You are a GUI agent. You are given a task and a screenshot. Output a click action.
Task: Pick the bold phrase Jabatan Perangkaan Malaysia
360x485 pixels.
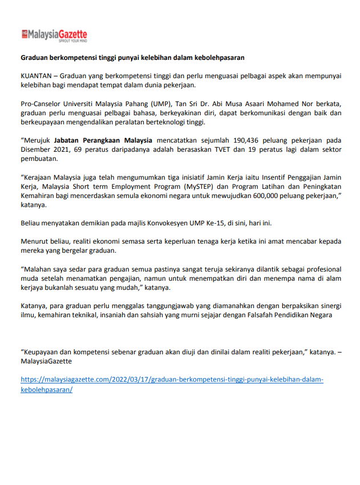103,140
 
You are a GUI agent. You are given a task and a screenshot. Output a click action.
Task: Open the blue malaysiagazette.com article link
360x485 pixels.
172,380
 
